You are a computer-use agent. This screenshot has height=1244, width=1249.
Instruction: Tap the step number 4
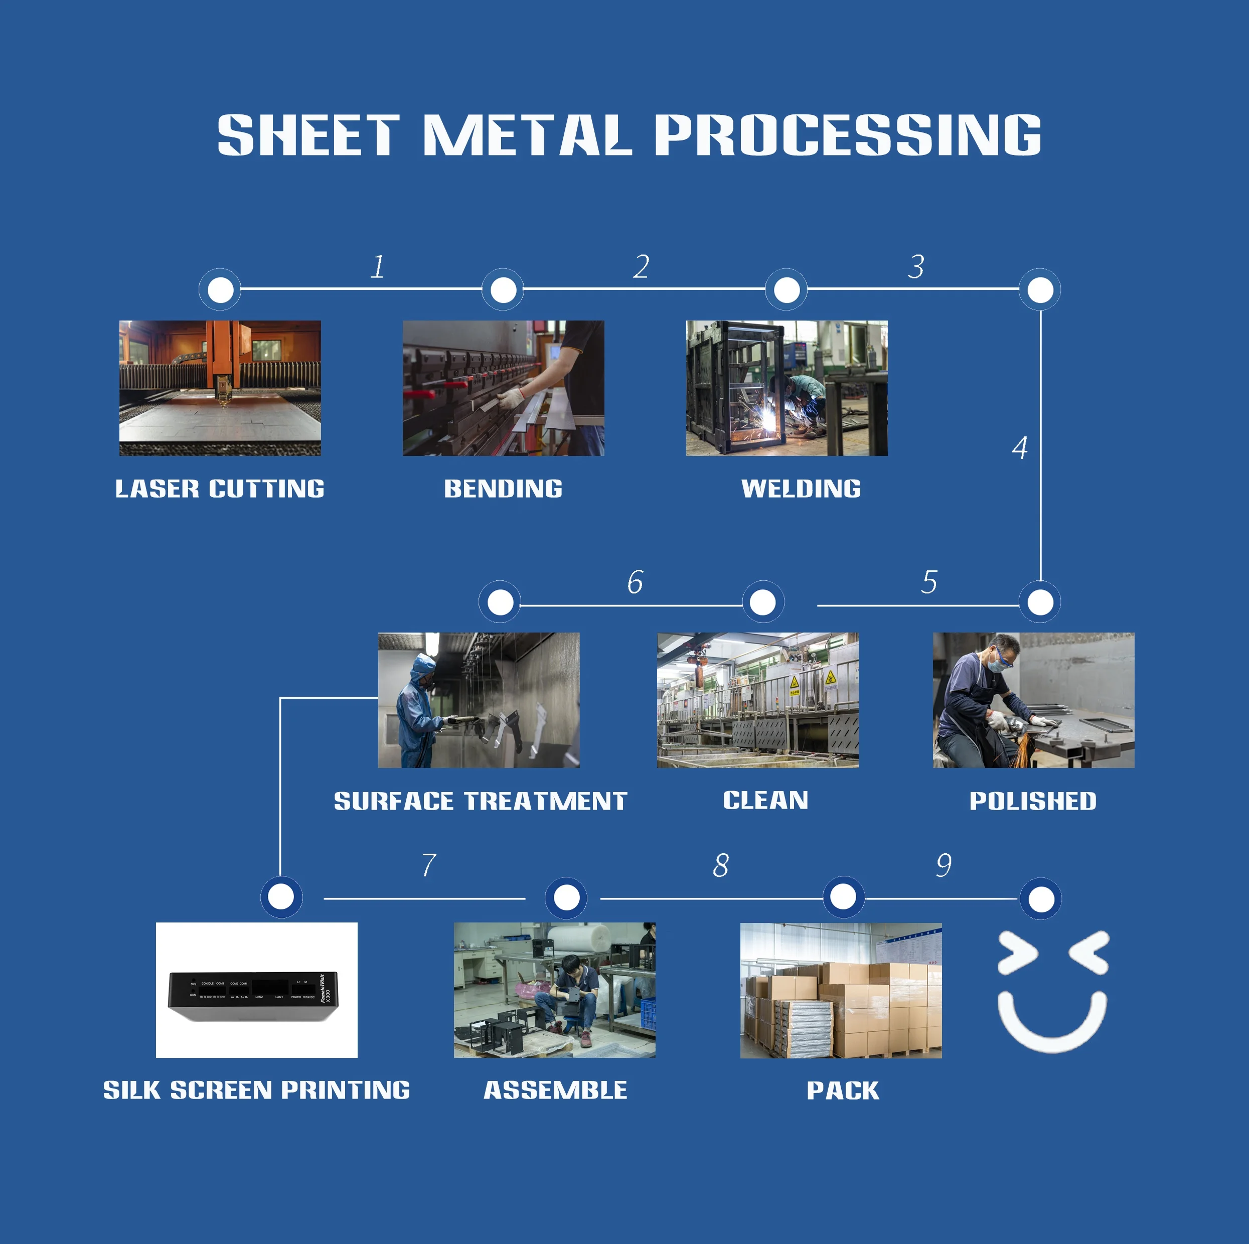[x=1019, y=447]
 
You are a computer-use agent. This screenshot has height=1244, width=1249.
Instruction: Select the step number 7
[x=428, y=865]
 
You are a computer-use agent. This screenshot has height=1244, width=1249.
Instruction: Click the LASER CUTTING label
[x=220, y=489]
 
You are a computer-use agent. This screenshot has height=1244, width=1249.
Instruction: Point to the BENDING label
[x=503, y=489]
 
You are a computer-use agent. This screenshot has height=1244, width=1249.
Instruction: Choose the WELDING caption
[x=801, y=489]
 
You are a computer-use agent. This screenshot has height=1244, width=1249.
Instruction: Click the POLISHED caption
[x=1032, y=801]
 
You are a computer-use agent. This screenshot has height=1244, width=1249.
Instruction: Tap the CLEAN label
[x=765, y=801]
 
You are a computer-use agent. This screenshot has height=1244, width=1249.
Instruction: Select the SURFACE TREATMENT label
[x=481, y=802]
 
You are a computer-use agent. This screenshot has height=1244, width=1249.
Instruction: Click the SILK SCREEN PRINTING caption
[x=257, y=1090]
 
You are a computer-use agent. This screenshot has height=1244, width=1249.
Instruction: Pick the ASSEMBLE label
[x=555, y=1090]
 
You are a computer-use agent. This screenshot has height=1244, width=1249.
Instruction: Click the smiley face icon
[x=1052, y=990]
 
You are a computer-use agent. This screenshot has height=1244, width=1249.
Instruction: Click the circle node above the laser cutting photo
[x=220, y=289]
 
